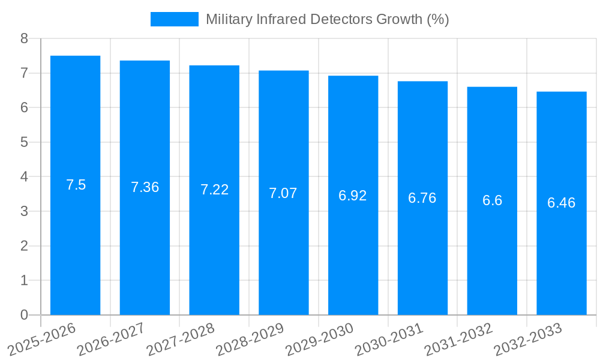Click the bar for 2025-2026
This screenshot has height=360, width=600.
[x=75, y=185]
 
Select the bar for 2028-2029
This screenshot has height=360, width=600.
[x=283, y=193]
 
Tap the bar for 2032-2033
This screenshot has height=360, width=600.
[x=561, y=203]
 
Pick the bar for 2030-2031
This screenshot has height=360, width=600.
[x=422, y=198]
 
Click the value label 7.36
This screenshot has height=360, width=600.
[x=145, y=187]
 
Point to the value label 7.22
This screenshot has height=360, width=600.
[x=214, y=190]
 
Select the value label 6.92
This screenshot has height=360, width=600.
[x=353, y=196]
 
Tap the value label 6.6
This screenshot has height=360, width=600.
[x=492, y=200]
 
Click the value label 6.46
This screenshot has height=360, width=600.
[x=561, y=203]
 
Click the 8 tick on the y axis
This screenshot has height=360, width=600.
[x=24, y=38]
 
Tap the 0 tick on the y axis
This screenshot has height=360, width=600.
[x=24, y=315]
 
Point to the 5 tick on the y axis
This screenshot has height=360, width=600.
[x=24, y=142]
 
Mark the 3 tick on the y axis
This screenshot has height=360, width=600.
[x=24, y=211]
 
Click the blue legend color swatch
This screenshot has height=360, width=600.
[x=174, y=19]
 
